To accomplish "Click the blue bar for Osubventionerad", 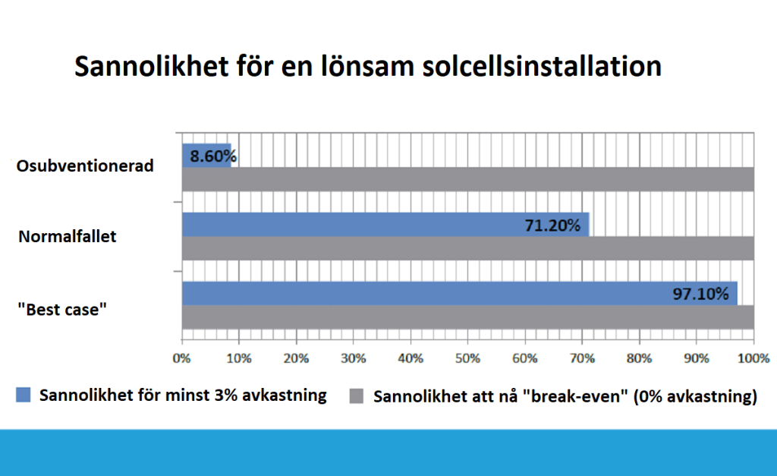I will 206,156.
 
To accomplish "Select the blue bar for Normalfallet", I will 385,225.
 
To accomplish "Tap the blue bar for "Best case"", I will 459,293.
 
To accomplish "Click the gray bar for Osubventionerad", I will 467,179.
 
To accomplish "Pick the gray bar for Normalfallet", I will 467,247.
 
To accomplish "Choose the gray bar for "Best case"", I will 467,317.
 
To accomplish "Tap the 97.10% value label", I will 704,294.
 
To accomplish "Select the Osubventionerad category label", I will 85,166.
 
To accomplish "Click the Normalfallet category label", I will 68,236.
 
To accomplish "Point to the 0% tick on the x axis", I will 182,358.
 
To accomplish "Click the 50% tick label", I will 467,358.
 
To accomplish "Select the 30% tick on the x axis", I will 354,358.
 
